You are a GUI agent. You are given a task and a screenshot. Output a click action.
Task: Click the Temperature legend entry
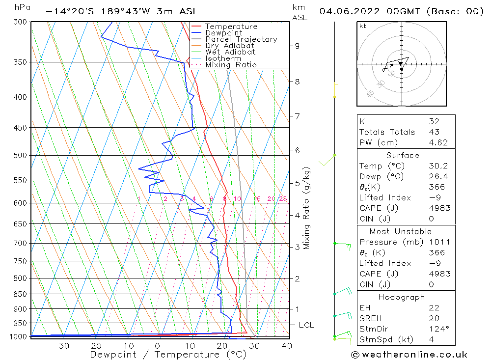[231, 27]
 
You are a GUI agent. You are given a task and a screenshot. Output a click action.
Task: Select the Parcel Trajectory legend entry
[241, 39]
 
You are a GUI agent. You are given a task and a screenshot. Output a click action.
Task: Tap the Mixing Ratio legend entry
[231, 65]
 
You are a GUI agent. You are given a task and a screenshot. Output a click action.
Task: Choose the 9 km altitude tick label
[297, 46]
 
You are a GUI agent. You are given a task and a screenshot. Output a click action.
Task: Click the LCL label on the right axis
[306, 325]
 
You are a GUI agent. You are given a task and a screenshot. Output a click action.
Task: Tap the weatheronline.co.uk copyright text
[409, 355]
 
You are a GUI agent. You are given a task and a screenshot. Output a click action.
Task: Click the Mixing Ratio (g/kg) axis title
[307, 208]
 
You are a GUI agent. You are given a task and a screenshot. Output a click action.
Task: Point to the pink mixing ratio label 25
[283, 199]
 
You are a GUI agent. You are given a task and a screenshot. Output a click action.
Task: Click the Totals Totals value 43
[434, 132]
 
